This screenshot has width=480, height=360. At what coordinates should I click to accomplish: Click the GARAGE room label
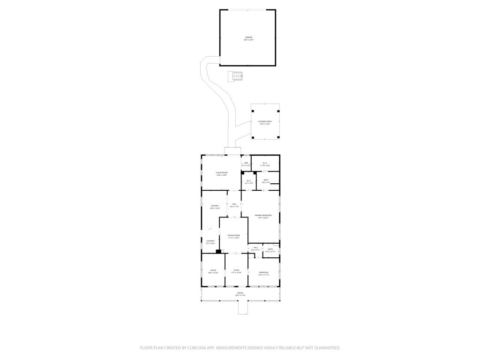[x=248, y=37]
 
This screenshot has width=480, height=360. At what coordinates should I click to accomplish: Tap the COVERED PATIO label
[x=265, y=122]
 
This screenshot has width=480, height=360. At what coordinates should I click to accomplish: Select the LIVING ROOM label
[x=221, y=173]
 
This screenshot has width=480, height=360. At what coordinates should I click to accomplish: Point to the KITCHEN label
[x=214, y=206]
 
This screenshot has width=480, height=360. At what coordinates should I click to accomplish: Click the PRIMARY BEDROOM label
[x=263, y=216]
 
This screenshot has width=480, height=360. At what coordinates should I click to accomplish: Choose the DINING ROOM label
[x=234, y=235]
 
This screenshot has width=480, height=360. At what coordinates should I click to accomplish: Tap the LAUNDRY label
[x=210, y=241]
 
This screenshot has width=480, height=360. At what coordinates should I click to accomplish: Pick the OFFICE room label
[x=213, y=271]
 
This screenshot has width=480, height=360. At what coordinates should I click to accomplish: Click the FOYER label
[x=236, y=270]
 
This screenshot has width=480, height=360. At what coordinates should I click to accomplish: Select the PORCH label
[x=240, y=293]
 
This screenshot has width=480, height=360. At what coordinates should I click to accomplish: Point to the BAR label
[x=246, y=163]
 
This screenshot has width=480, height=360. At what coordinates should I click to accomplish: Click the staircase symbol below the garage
[x=236, y=76]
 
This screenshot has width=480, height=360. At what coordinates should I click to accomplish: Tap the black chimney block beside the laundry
[x=218, y=251]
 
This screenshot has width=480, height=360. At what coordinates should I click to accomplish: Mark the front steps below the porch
[x=242, y=307]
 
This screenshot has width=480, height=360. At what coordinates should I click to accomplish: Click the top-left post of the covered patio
[x=253, y=111]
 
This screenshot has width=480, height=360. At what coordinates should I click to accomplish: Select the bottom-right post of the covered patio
[x=278, y=137]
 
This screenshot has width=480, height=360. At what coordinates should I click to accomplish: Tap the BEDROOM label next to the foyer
[x=264, y=273]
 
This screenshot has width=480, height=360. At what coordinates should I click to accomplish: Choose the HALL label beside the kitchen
[x=234, y=204]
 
